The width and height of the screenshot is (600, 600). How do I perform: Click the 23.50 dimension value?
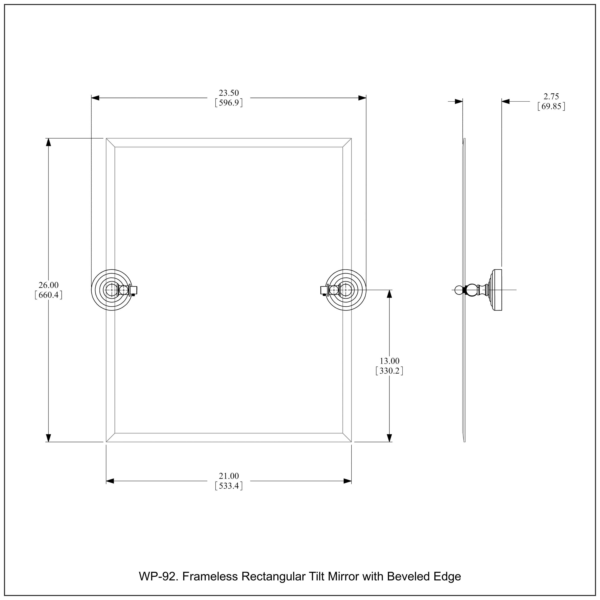coord(229,93)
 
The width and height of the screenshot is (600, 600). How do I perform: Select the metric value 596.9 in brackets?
coord(229,103)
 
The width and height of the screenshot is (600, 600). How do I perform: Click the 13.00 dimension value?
coord(389,361)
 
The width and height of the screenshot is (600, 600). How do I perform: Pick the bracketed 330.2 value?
coord(389,371)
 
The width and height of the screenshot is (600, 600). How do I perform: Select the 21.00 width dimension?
coord(229,476)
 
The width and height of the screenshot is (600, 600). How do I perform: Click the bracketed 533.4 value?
coord(229,486)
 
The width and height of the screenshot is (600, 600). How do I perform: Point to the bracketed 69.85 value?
coord(551,107)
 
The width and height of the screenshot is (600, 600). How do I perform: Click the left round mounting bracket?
coord(112,290)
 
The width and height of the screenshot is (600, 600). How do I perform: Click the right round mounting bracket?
coord(346,290)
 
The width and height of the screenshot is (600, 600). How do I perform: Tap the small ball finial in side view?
coord(458,290)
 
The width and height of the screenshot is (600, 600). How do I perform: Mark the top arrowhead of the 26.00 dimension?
coord(48,142)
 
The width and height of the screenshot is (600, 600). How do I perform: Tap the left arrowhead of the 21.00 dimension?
coord(110,481)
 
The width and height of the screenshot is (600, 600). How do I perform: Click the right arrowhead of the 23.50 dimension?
coord(362,98)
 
